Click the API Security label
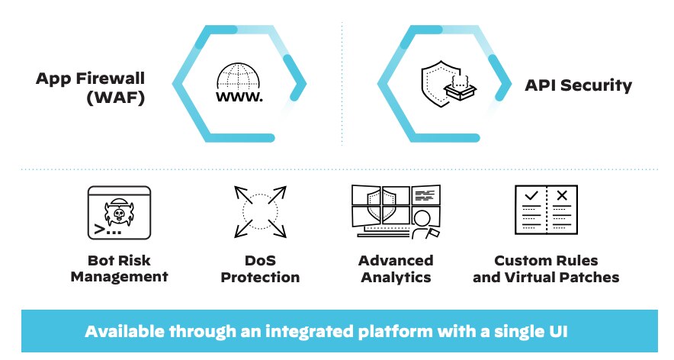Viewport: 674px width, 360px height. [578, 85]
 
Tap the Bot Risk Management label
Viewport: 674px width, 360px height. [119, 268]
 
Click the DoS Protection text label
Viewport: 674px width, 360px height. [260, 268]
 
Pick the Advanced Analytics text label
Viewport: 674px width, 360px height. [396, 268]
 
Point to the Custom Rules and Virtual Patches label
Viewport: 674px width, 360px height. [546, 268]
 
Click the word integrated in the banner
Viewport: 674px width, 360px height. [334, 332]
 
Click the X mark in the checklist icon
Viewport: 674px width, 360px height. [562, 196]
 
